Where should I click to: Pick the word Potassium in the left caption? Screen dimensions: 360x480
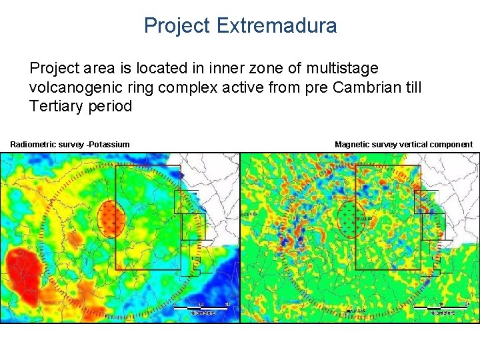(109, 145)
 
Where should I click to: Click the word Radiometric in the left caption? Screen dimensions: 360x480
(33, 145)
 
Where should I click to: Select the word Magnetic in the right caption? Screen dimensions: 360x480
(352, 145)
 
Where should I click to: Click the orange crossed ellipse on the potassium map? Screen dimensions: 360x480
(111, 219)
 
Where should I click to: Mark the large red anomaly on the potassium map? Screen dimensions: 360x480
(23, 270)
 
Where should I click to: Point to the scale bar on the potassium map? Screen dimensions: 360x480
(201, 307)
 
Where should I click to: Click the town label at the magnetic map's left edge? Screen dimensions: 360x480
(249, 214)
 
